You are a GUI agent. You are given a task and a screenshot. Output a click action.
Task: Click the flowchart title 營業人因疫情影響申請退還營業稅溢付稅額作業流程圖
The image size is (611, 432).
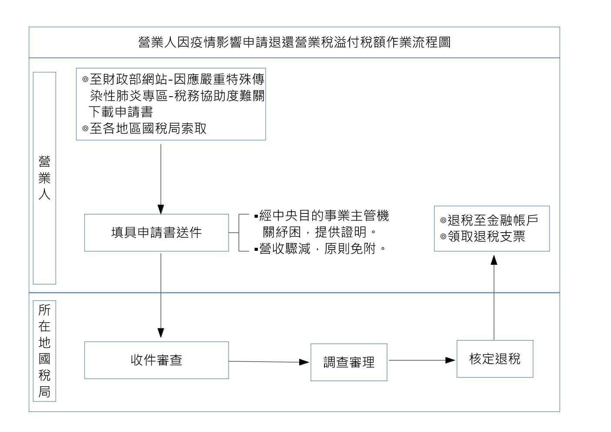(294, 42)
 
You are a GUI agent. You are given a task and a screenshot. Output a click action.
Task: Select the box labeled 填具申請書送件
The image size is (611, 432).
(156, 233)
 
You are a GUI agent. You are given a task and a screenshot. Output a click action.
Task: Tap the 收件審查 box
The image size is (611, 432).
(156, 360)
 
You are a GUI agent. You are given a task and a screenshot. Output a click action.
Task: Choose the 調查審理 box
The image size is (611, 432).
(348, 362)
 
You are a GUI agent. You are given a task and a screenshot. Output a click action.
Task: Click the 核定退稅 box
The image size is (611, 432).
(495, 359)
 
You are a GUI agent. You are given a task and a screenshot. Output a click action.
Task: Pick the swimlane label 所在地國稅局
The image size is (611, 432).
(44, 351)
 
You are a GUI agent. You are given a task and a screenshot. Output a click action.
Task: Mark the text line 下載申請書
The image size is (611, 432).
(121, 112)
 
